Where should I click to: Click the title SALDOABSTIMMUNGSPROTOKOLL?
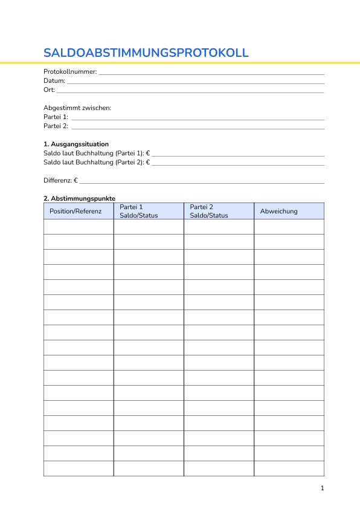pyautogui.click(x=146, y=53)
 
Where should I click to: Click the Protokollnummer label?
pyautogui.click(x=70, y=71)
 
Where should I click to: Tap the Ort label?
pyautogui.click(x=49, y=89)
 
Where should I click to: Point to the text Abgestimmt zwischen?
pyautogui.click(x=77, y=108)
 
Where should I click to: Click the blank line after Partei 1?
pyautogui.click(x=198, y=118)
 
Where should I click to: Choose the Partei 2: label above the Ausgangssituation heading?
pyautogui.click(x=56, y=126)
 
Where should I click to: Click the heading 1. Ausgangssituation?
pyautogui.click(x=76, y=144)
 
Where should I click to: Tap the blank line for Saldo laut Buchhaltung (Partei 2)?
pyautogui.click(x=237, y=164)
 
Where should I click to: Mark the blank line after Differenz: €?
pyautogui.click(x=202, y=182)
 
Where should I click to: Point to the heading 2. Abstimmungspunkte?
pyautogui.click(x=79, y=198)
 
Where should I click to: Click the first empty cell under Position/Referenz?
pyautogui.click(x=79, y=227)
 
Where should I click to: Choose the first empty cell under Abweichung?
pyautogui.click(x=289, y=227)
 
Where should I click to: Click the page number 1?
pyautogui.click(x=323, y=488)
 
